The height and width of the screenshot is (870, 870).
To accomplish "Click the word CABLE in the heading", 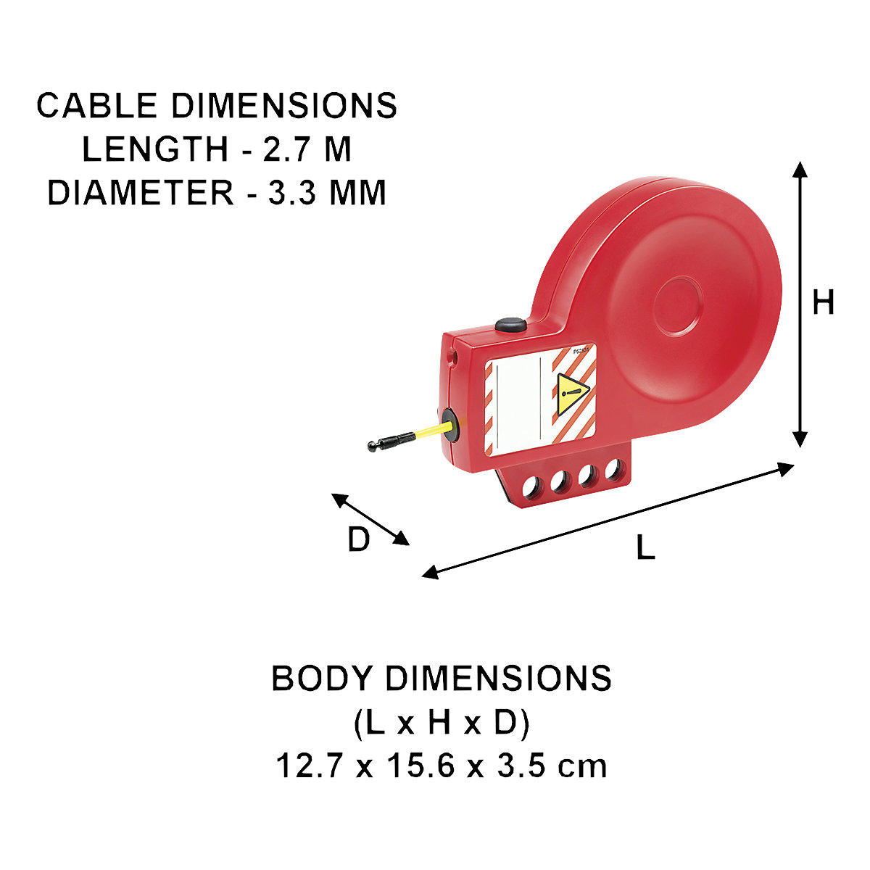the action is pos(96,106).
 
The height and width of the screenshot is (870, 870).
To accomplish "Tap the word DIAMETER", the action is pos(141,193).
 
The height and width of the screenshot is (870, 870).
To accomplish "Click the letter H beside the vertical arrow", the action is pos(823,302).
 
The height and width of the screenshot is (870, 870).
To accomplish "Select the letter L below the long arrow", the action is pos(646,547).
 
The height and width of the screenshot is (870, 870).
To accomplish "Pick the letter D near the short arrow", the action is pos(359,539).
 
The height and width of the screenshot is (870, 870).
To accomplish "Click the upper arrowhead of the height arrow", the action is pos(800,170).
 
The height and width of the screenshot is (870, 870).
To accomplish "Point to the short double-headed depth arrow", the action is pos(370,519).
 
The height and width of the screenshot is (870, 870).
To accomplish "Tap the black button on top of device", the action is pos(510,325).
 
